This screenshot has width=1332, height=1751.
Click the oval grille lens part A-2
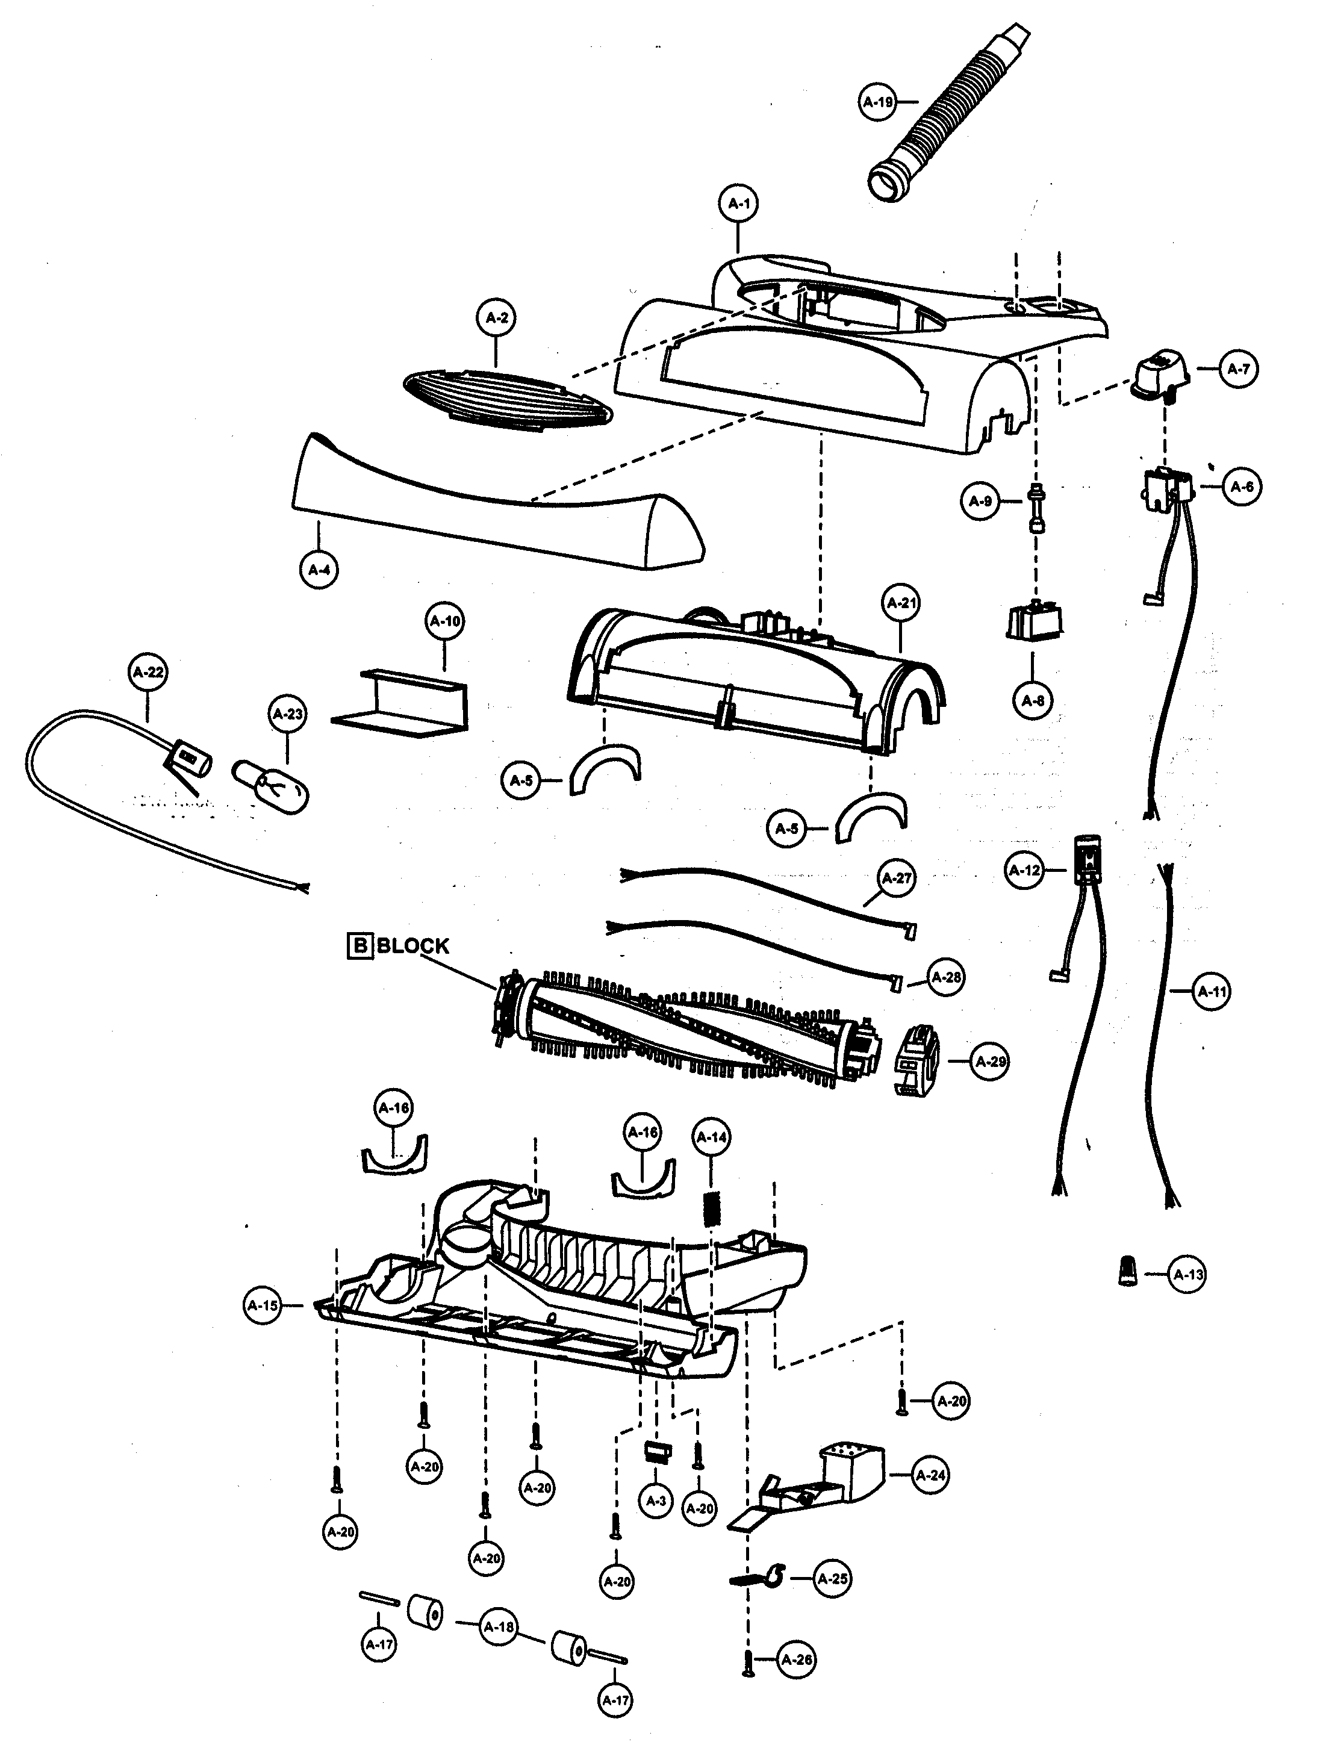(508, 401)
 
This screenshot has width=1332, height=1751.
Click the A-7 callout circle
(1239, 369)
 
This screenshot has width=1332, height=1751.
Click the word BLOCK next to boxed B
(412, 946)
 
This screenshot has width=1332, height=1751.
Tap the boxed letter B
(360, 946)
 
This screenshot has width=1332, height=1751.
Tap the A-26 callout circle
(797, 1660)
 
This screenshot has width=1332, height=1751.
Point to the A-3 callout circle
(656, 1501)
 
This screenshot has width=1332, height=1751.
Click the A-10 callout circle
(445, 621)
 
